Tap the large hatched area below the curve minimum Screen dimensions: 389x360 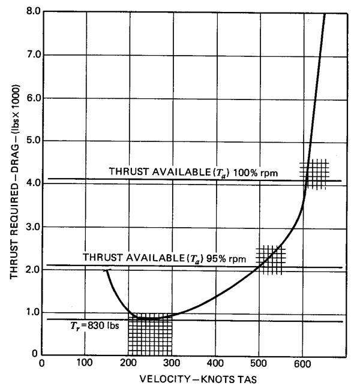click(x=150, y=336)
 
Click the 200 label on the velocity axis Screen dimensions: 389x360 click(x=128, y=364)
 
